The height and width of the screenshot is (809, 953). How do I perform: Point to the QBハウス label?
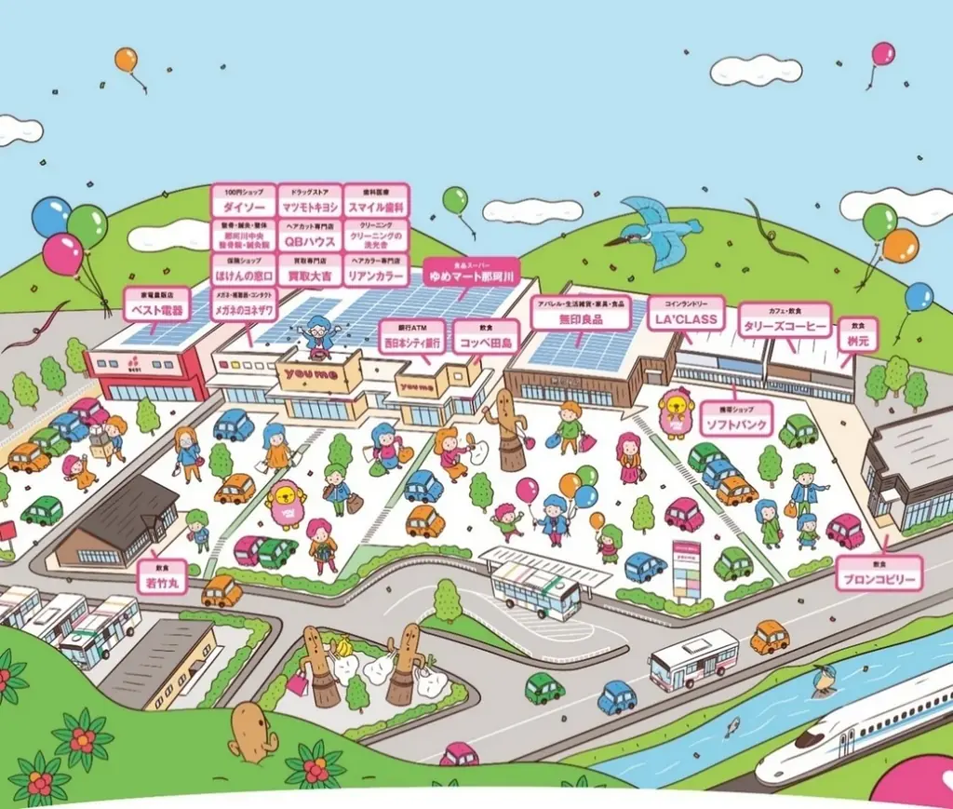[310, 237]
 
